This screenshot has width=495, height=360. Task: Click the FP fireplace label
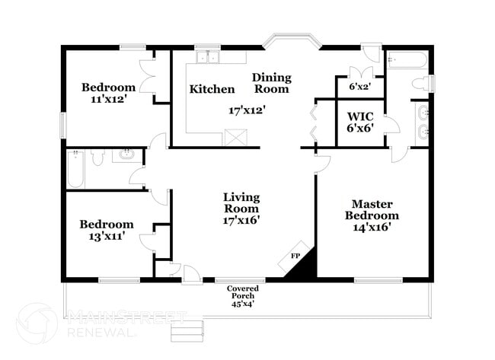(x=295, y=256)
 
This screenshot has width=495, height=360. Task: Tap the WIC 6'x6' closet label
(x=360, y=122)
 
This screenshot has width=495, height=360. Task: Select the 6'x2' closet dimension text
(x=359, y=87)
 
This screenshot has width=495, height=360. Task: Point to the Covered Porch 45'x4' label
(x=243, y=296)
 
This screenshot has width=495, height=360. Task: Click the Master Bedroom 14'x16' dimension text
(x=372, y=227)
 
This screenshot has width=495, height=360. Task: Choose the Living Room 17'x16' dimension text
(x=241, y=220)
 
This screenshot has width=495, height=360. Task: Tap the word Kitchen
(x=212, y=89)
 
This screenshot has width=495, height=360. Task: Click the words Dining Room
(x=272, y=83)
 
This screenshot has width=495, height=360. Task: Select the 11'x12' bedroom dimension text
(x=109, y=99)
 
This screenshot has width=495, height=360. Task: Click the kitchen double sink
(x=208, y=57)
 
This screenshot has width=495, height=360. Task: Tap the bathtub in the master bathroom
(x=407, y=60)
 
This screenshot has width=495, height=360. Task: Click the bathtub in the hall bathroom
(x=75, y=169)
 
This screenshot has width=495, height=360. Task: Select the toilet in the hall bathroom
(x=98, y=157)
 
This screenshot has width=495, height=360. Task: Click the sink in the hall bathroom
(x=127, y=155)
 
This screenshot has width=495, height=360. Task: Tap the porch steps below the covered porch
(x=187, y=331)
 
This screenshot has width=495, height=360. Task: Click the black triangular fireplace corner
(x=304, y=265)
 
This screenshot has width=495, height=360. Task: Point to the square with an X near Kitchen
(x=236, y=137)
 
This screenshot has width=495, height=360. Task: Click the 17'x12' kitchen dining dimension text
(x=247, y=110)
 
